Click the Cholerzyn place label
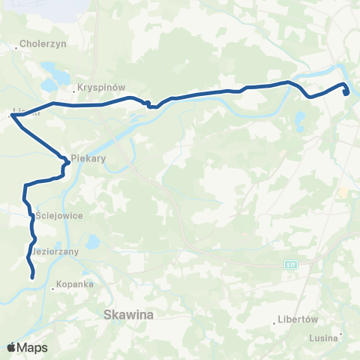tap(46, 43)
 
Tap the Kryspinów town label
tap(100, 88)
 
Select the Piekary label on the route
tap(88, 159)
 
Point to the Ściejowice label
tap(54, 215)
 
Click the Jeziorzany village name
tap(55, 251)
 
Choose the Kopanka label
tap(76, 286)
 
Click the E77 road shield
tap(291, 264)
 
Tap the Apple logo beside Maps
tap(11, 347)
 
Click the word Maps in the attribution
tap(33, 347)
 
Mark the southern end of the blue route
tap(33, 277)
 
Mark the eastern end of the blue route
tap(346, 94)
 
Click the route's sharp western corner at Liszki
tap(13, 115)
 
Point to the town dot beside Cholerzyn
tap(16, 47)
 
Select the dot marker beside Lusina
tap(341, 334)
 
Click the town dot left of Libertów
tap(274, 323)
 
